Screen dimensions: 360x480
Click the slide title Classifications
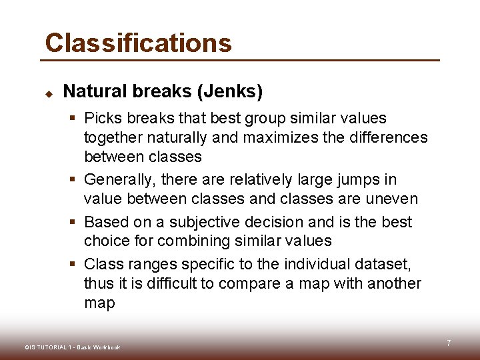[138, 43]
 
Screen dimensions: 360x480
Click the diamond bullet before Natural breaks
[48, 93]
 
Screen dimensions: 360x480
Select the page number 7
[449, 343]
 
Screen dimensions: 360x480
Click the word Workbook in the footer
[107, 347]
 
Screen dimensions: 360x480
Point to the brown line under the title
[240, 61]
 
